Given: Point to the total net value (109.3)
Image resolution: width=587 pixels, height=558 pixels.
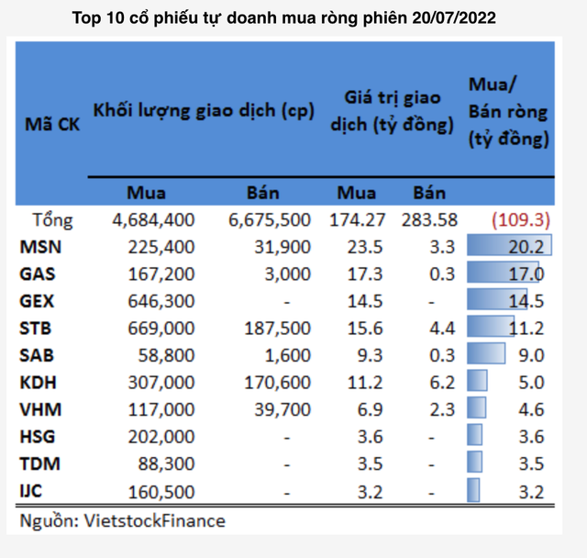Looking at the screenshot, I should [519, 220].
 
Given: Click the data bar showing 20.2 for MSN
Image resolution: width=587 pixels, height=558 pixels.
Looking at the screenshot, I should [508, 247].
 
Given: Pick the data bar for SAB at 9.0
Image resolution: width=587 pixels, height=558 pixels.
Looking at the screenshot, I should [486, 353].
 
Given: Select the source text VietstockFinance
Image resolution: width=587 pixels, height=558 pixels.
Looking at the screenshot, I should [154, 521].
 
